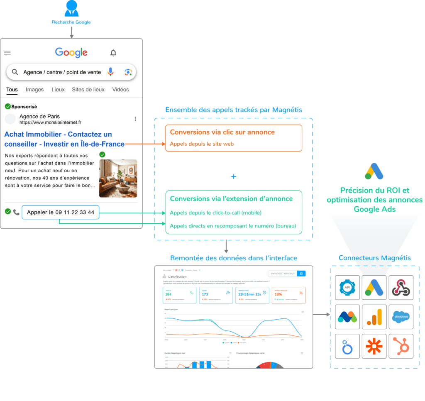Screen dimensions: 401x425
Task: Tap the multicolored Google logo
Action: click(71, 52)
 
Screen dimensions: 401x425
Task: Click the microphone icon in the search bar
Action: click(110, 72)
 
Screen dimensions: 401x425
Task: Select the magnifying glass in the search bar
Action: click(15, 72)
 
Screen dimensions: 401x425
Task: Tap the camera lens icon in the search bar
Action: click(128, 72)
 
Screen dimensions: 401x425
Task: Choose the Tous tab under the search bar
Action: click(12, 90)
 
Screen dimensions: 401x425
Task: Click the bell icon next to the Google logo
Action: click(113, 53)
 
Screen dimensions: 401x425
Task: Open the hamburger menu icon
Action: click(7, 52)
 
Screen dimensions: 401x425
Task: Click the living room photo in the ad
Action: click(118, 178)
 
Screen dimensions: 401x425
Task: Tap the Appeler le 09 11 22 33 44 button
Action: click(61, 213)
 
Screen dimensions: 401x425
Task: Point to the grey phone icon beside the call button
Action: click(16, 212)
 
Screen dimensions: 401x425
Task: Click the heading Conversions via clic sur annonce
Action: click(222, 132)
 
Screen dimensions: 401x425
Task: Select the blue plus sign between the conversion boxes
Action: click(234, 177)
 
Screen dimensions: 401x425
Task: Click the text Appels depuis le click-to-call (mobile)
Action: click(215, 213)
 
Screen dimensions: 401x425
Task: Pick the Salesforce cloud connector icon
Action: click(401, 317)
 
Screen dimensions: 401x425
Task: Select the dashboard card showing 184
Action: click(180, 295)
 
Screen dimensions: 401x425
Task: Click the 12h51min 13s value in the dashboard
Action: click(249, 294)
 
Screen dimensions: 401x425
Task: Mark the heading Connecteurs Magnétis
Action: click(374, 258)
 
